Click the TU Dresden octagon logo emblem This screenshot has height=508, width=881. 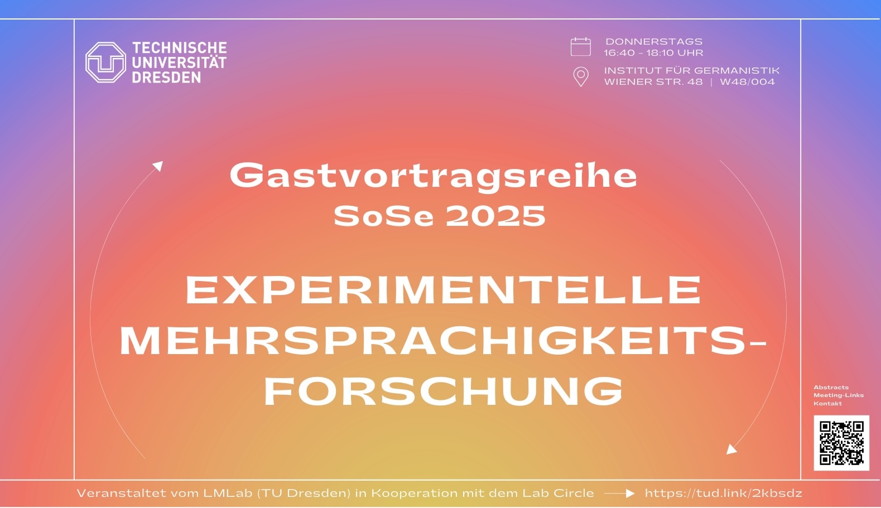click(105, 62)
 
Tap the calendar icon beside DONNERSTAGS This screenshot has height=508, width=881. click(580, 47)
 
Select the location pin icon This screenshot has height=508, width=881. click(581, 76)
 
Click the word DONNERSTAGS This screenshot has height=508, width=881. click(654, 42)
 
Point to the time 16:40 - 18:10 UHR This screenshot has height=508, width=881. click(654, 52)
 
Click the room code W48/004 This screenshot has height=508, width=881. click(747, 82)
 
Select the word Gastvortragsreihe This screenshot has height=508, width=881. click(434, 176)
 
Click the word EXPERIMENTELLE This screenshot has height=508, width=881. click(443, 290)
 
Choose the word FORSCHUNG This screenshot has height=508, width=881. click(443, 391)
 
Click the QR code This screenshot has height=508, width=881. click(841, 443)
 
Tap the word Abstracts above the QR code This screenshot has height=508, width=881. click(831, 388)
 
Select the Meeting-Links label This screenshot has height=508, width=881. click(839, 395)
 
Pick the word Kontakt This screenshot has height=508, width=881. click(827, 403)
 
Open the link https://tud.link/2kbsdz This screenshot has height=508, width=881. click(723, 493)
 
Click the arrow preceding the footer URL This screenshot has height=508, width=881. click(619, 494)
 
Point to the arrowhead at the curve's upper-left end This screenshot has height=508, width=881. click(158, 166)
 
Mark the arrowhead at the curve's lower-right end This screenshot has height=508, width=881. click(731, 449)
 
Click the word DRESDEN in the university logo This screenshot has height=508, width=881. click(166, 77)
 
